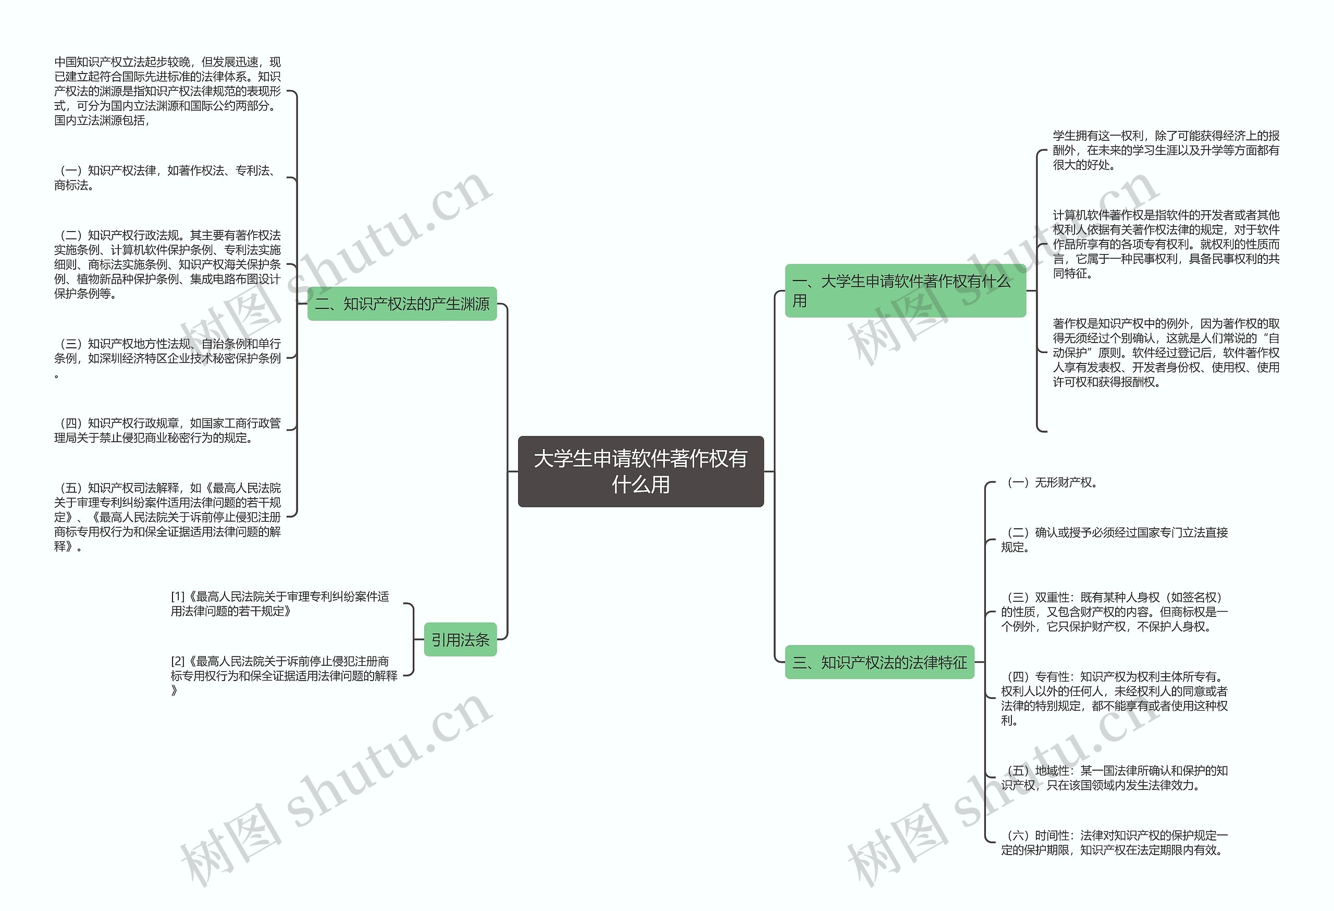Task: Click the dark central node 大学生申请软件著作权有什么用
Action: (x=640, y=471)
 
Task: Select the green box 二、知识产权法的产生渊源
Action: (x=402, y=304)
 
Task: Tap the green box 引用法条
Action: (x=460, y=639)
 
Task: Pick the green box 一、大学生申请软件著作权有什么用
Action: (x=905, y=290)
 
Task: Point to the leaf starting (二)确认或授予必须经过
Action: (x=1114, y=539)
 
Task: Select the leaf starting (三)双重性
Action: (x=1114, y=612)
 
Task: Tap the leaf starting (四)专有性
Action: (x=1114, y=698)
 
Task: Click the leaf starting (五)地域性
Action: (x=1114, y=778)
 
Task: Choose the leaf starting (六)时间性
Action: (x=1114, y=843)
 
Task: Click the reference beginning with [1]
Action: (x=280, y=604)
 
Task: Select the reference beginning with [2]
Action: (x=283, y=675)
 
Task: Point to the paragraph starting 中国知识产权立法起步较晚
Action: (x=168, y=91)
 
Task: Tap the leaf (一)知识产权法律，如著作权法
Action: (x=168, y=178)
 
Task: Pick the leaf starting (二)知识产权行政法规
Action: (x=168, y=264)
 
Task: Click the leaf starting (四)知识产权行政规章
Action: (x=168, y=430)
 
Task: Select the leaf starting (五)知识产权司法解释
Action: (x=168, y=517)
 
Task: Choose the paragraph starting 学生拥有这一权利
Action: (x=1165, y=150)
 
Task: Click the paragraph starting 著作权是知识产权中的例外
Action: (x=1165, y=353)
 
